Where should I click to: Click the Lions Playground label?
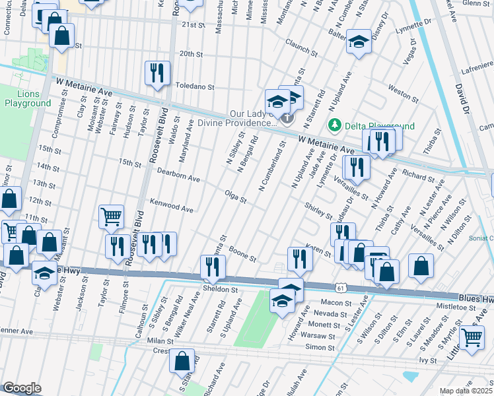[x=27, y=98]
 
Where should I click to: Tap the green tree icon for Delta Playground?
[x=335, y=125]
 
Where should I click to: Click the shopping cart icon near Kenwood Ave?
[x=111, y=216]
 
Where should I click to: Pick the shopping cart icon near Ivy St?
[x=472, y=337]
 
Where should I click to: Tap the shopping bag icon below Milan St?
[x=181, y=360]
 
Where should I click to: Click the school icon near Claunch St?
[x=358, y=43]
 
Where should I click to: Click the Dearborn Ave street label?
[x=178, y=174]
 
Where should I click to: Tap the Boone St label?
[x=243, y=254]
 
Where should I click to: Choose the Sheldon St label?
[x=220, y=289]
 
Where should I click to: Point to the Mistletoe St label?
[x=456, y=306]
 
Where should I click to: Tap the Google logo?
[x=22, y=388]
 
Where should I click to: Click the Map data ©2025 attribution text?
[x=466, y=391]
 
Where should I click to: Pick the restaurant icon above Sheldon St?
[x=213, y=266]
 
